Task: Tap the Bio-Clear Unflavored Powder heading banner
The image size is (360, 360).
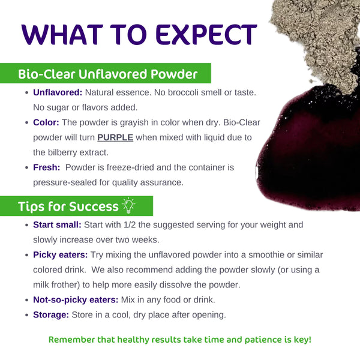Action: point(108,74)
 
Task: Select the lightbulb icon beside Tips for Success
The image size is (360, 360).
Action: point(129,206)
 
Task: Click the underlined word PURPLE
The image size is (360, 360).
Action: point(115,137)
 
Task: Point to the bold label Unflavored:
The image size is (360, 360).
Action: point(58,93)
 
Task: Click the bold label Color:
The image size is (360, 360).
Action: point(46,122)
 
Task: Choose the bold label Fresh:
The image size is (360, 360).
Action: point(47,167)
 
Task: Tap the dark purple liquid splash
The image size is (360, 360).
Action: point(306,156)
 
